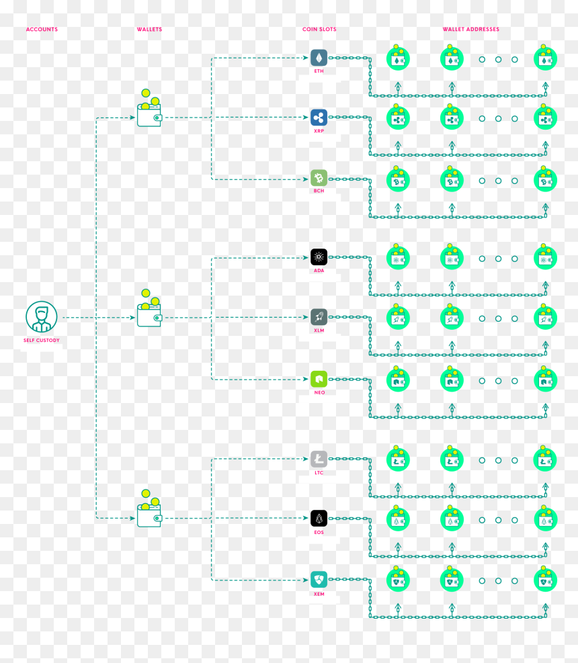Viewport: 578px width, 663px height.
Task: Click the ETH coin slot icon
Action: point(319,58)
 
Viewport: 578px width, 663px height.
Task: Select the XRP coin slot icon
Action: point(319,118)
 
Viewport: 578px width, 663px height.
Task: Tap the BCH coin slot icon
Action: point(319,178)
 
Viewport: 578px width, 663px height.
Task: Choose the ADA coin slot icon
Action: point(319,257)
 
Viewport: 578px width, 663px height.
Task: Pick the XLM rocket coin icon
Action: point(319,316)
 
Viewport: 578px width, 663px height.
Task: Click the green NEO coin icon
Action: point(319,379)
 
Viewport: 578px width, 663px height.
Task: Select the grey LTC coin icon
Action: point(319,459)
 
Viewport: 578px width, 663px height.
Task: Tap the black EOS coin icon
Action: point(319,519)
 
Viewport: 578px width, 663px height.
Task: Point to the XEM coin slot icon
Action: point(319,580)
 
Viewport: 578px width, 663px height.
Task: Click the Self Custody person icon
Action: point(42,316)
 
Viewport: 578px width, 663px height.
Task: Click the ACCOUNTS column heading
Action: point(42,29)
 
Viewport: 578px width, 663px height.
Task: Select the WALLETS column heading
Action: point(149,29)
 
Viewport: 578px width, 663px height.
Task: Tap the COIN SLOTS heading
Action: point(319,29)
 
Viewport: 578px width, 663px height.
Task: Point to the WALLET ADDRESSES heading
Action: point(471,29)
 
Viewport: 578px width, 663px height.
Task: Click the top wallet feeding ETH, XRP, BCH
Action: point(149,108)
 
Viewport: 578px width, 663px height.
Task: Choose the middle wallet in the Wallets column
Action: point(149,308)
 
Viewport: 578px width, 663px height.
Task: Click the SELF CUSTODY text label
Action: point(42,341)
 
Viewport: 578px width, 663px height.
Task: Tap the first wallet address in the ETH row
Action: point(398,58)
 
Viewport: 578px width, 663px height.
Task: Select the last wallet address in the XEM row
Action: point(546,579)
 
